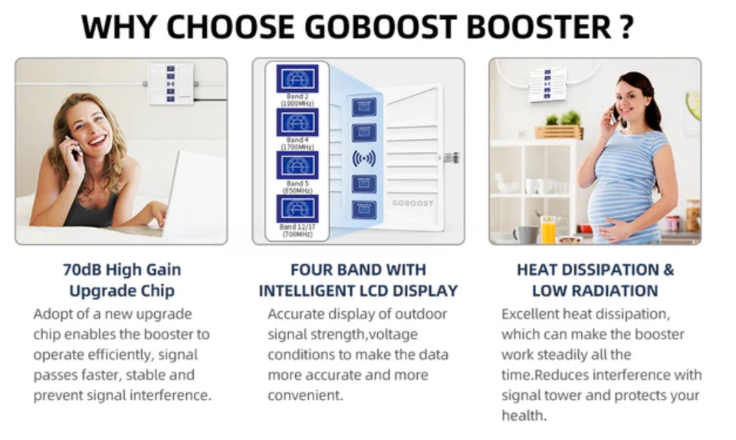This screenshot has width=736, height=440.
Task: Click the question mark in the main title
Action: pyautogui.click(x=626, y=27)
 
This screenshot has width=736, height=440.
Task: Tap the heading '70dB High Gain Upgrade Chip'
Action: pyautogui.click(x=121, y=280)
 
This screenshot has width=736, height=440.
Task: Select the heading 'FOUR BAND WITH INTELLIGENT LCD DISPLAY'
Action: pyautogui.click(x=358, y=280)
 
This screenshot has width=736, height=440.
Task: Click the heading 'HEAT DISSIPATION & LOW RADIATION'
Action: pyautogui.click(x=595, y=280)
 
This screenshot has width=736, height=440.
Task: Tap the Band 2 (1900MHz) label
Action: pyautogui.click(x=297, y=100)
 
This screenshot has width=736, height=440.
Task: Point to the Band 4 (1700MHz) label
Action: pyautogui.click(x=297, y=143)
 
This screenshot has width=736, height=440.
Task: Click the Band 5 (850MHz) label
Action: pyautogui.click(x=297, y=187)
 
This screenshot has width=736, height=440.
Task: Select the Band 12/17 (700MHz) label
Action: pyautogui.click(x=297, y=230)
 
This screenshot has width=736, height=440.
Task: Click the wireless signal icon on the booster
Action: pyautogui.click(x=363, y=158)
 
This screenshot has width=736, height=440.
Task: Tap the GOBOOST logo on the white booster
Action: pyautogui.click(x=412, y=203)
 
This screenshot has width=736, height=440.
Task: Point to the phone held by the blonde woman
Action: pyautogui.click(x=74, y=147)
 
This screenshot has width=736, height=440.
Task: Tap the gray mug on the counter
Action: pyautogui.click(x=526, y=233)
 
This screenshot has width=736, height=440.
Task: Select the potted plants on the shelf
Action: pyautogui.click(x=560, y=124)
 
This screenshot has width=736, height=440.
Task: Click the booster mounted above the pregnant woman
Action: pyautogui.click(x=547, y=83)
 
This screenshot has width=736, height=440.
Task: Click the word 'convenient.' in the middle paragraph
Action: pyautogui.click(x=305, y=395)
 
